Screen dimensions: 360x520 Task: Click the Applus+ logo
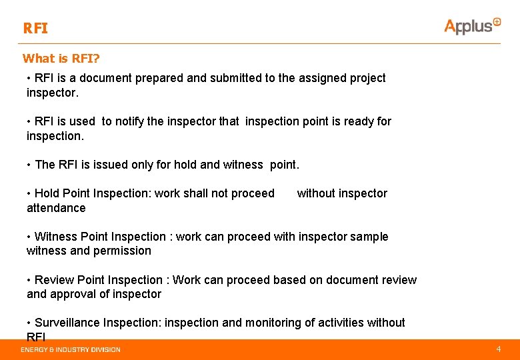[x=472, y=25]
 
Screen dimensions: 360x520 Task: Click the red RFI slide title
[x=35, y=29]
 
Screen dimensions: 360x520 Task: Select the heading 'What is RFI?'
[x=60, y=59]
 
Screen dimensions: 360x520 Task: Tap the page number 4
[x=498, y=349]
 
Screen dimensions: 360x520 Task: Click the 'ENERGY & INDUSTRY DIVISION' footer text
[x=71, y=349]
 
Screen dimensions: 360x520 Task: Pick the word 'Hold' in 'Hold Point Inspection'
[x=47, y=193]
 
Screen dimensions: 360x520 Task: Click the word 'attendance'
[x=56, y=208]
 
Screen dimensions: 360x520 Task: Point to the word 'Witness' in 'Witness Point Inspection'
[x=55, y=237]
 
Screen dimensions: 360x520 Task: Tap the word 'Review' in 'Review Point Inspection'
[x=55, y=280]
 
